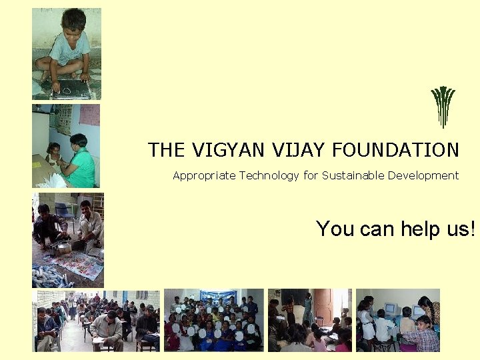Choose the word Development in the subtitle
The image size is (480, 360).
pos(424,176)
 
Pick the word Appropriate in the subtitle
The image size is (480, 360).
pos(203,176)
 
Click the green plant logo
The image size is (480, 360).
pos(443,106)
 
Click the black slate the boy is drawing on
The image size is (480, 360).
pos(71,89)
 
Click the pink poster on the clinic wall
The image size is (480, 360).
pos(89,115)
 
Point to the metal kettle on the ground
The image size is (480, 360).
pos(63,247)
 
